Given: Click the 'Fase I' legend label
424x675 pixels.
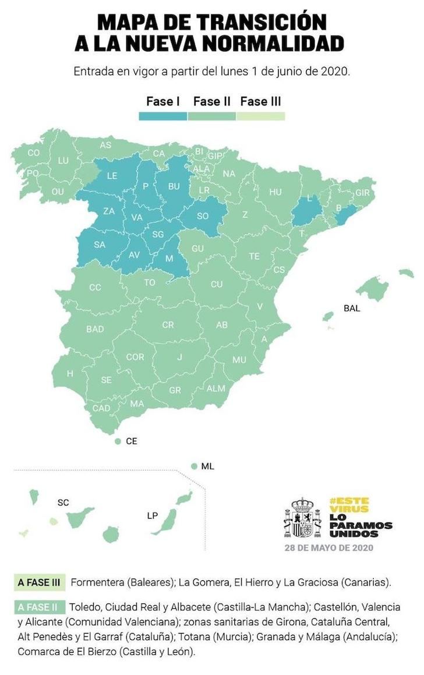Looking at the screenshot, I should coord(162,101).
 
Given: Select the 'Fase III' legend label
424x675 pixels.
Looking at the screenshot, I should coord(260,101).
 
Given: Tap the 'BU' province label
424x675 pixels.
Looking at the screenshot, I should coord(174,186).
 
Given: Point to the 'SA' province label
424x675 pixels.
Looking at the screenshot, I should coord(100,245).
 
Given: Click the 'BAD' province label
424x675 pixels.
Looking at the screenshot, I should coord(95,329).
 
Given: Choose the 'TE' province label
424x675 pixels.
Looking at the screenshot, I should coord(255,256).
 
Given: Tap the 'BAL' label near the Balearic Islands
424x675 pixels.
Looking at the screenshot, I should coord(352,308).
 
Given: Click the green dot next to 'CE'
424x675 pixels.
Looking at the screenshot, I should coord(118,441).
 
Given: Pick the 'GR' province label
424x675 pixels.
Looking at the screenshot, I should coord(175,390).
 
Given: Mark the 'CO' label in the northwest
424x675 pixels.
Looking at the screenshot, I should coord(34,153).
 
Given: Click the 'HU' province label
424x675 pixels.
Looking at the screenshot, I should coord(275,192).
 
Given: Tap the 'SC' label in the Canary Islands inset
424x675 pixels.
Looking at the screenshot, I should coord(63,502).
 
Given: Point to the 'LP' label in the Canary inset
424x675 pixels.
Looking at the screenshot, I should coord(153,515).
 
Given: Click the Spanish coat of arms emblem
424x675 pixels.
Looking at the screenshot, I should coord(303,517).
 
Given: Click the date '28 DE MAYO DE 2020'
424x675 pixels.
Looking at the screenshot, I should coord(328,547).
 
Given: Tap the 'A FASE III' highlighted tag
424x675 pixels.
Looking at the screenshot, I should coord(40,582).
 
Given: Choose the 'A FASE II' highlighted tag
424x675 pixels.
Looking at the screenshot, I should coord(38,607).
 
